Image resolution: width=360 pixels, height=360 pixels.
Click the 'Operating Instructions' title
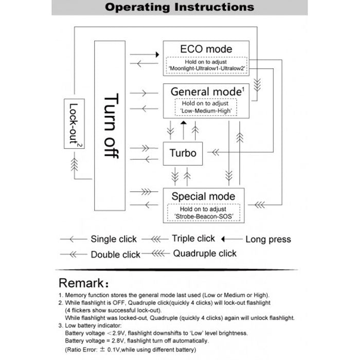click(x=179, y=7)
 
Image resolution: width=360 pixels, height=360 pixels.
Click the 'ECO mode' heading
click(x=206, y=49)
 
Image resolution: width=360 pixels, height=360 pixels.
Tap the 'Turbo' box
click(x=183, y=153)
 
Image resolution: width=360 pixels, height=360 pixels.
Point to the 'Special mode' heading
click(x=203, y=196)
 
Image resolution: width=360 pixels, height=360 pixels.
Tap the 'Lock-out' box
click(x=74, y=124)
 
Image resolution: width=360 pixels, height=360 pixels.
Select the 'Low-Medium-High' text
click(x=206, y=111)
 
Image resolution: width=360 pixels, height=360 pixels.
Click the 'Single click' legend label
click(x=114, y=239)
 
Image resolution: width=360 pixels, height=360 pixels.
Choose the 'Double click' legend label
click(x=115, y=255)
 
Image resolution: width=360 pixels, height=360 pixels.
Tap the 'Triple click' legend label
click(x=193, y=239)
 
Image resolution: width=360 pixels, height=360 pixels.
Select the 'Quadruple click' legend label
click(x=205, y=253)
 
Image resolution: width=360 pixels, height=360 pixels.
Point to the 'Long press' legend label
click(x=268, y=239)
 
